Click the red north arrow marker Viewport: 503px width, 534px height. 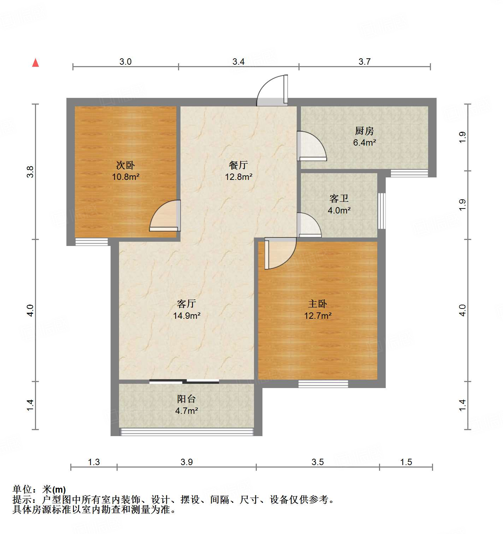click(x=35, y=63)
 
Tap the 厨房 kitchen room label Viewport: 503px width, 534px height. click(x=364, y=131)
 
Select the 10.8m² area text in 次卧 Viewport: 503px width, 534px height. click(x=125, y=177)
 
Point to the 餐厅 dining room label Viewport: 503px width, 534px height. click(x=238, y=165)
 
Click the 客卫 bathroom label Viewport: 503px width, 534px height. click(x=339, y=199)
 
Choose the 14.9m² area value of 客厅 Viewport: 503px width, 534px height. click(x=187, y=316)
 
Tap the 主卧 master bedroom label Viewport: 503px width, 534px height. click(x=318, y=304)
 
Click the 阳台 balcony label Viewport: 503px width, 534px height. click(x=186, y=399)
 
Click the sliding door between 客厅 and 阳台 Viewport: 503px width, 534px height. click(x=184, y=381)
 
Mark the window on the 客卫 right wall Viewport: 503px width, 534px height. click(x=381, y=211)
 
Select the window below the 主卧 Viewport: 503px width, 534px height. click(x=323, y=384)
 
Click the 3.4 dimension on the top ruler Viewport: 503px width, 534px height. click(x=238, y=62)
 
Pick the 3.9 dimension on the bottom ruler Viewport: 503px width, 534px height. click(x=187, y=462)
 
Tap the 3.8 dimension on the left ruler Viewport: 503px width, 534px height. click(x=30, y=172)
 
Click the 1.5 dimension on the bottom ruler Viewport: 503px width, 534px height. click(x=406, y=462)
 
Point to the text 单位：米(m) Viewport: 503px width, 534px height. click(x=39, y=489)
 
